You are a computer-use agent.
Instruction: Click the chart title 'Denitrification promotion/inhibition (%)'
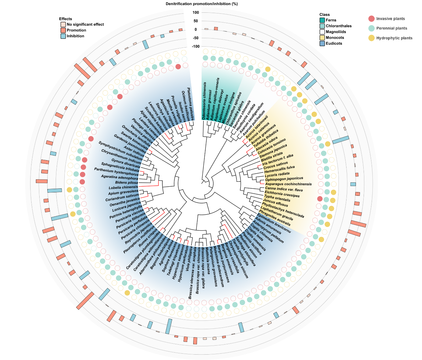pos(202,4)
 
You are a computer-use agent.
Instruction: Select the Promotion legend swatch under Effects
pos(63,30)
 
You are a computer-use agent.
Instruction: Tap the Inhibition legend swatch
pos(63,36)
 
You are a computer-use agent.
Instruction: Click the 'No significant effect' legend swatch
pos(63,24)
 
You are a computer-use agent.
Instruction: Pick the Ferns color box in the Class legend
pos(322,20)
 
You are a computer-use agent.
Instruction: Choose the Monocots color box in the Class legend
pos(322,38)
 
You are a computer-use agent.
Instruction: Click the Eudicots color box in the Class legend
pos(322,43)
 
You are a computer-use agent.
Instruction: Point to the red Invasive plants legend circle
pos(371,19)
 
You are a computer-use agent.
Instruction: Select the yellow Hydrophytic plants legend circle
pos(371,38)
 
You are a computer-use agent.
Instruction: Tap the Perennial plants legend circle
pos(371,28)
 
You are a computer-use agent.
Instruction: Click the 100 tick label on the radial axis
pos(196,13)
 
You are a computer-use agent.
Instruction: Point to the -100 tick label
pos(195,46)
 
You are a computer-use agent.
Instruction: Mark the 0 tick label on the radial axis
pos(196,29)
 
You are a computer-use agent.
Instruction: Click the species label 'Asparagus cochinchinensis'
pos(288,184)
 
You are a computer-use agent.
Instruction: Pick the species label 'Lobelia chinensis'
pos(123,187)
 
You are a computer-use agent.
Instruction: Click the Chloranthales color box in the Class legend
pos(322,26)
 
